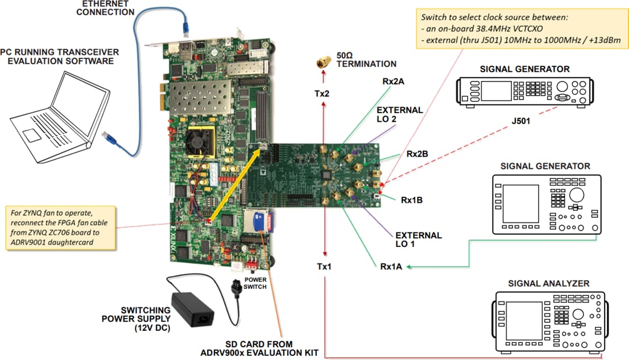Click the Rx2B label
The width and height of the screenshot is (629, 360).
417,154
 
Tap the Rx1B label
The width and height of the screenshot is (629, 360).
411,200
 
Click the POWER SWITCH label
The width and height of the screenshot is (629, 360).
255,283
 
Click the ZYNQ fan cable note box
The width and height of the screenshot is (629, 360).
61,228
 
